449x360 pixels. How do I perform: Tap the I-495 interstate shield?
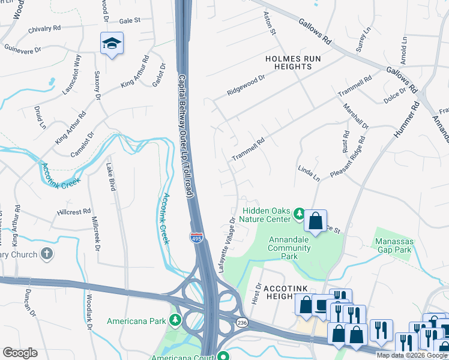(x=196, y=237)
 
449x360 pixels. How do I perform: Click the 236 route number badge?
(x=241, y=323)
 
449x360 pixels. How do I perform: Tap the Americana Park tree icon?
(x=175, y=320)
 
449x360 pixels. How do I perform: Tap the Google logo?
(x=20, y=353)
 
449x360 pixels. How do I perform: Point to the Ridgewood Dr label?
(x=246, y=85)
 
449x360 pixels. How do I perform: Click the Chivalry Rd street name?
(x=41, y=28)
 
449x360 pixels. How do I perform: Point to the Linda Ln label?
(x=309, y=174)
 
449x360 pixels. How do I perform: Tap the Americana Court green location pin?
(x=223, y=356)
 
